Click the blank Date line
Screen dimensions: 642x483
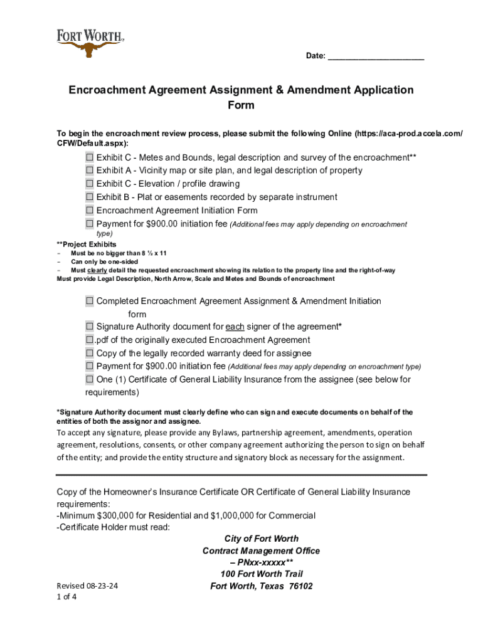[376, 57]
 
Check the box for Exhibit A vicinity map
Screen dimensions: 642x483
[90, 170]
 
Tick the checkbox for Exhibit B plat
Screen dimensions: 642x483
[90, 197]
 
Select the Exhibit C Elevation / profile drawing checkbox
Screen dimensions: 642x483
[90, 184]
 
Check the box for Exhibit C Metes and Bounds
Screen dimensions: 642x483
[90, 157]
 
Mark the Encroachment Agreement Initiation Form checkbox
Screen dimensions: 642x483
[90, 211]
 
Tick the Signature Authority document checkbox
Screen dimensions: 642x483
[90, 327]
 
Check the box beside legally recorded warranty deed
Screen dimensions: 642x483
[90, 353]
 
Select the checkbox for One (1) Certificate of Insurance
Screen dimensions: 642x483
[90, 379]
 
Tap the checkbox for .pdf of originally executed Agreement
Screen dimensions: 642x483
[90, 340]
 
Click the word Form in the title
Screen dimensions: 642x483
[241, 105]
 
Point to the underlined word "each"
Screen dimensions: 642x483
[235, 327]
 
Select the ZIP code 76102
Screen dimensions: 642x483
[299, 586]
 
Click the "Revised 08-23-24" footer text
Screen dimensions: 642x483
[87, 585]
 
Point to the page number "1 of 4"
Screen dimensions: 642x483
[66, 597]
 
